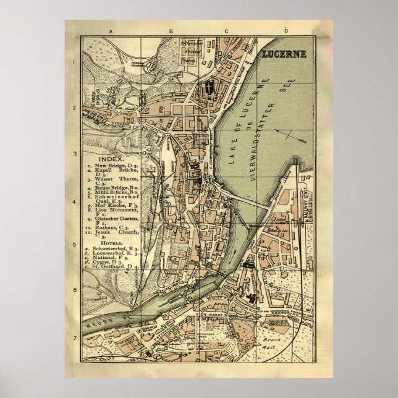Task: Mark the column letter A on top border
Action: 110,31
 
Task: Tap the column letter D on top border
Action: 286,31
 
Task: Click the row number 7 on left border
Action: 74,338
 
